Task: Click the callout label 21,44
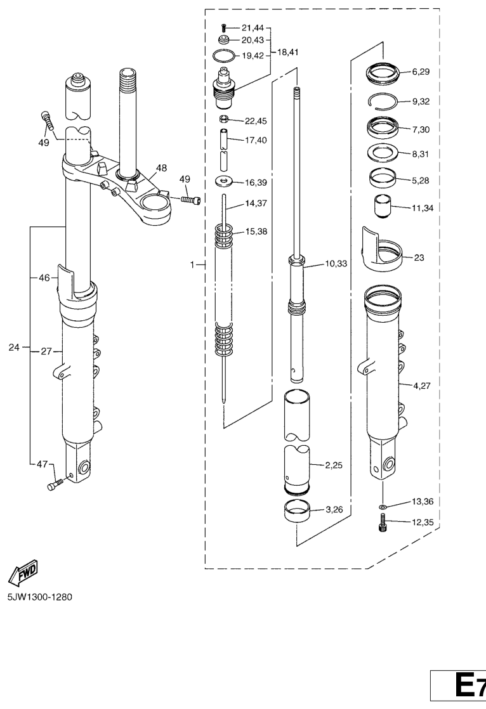254,28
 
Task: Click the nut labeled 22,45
224,120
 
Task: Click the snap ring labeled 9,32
384,101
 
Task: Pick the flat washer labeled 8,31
383,153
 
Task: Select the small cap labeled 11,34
381,207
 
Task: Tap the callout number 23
419,258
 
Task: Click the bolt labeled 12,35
383,523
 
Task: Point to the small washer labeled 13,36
383,507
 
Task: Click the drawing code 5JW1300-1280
39,597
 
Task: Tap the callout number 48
162,168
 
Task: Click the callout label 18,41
289,52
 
